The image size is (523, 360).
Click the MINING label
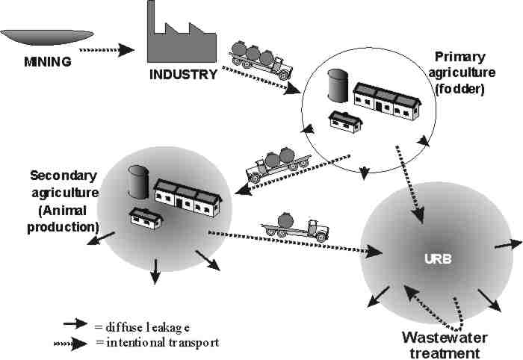[x=48, y=62]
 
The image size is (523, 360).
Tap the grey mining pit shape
[x=47, y=37]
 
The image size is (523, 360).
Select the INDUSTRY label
[x=184, y=75]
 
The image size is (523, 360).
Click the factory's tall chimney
[x=151, y=16]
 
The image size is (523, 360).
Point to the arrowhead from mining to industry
[x=126, y=50]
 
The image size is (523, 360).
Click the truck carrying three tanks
[x=261, y=60]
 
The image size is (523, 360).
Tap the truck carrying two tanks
[x=278, y=164]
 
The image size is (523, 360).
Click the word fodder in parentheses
[x=459, y=89]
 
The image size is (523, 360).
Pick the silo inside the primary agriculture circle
[x=338, y=85]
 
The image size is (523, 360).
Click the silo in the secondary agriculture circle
[x=138, y=182]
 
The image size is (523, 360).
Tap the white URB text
[x=438, y=259]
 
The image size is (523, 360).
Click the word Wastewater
[x=445, y=338]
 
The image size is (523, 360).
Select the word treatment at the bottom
[x=445, y=353]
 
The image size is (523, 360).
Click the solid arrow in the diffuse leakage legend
[x=75, y=323]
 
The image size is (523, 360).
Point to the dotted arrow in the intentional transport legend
[x=71, y=344]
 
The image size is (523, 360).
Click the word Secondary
[x=64, y=176]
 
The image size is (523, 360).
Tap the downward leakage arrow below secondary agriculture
[x=155, y=272]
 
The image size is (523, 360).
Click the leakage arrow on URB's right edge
[x=508, y=245]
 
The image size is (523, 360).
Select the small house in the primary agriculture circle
[x=346, y=122]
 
